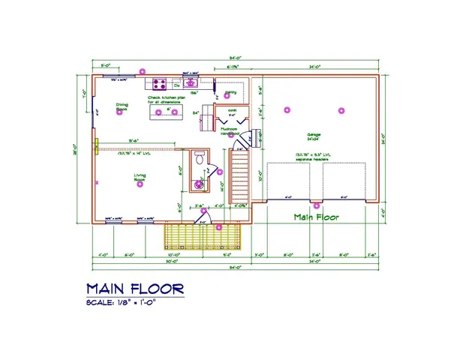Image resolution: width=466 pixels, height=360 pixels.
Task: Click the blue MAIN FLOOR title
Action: [134, 289]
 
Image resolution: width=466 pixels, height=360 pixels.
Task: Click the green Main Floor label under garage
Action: [316, 217]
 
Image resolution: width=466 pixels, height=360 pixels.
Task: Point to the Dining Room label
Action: [122, 107]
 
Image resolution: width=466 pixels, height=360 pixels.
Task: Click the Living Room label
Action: [140, 178]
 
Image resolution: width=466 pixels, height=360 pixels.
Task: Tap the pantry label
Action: [231, 92]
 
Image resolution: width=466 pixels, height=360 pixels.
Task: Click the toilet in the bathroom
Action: [199, 158]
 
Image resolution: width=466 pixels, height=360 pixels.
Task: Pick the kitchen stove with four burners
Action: [160, 82]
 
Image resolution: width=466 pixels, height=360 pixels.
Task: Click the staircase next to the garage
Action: [239, 176]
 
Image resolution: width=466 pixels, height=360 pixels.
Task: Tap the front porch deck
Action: [203, 236]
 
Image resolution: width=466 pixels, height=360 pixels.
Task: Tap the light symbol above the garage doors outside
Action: [317, 205]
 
